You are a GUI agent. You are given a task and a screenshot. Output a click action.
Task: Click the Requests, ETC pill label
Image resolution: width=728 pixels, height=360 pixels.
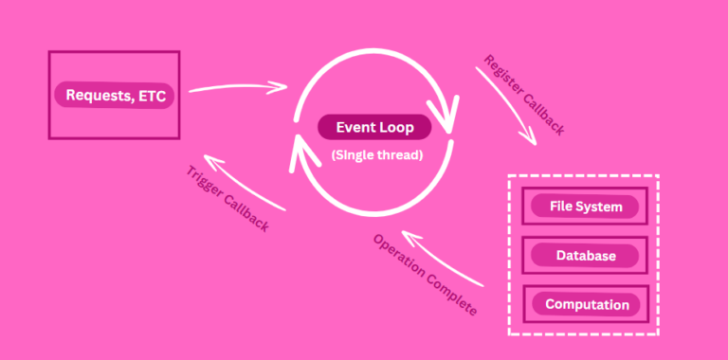pyautogui.click(x=114, y=95)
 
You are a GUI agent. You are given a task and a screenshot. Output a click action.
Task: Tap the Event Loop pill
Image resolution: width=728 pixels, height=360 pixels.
pyautogui.click(x=373, y=127)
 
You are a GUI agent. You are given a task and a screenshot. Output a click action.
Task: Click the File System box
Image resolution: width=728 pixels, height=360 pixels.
pyautogui.click(x=584, y=207)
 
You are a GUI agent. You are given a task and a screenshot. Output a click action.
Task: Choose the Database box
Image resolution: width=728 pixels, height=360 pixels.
pyautogui.click(x=584, y=256)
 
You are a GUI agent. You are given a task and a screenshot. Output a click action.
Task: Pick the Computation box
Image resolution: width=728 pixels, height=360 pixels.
pyautogui.click(x=584, y=305)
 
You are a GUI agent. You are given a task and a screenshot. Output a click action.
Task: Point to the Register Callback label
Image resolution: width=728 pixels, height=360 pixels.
pyautogui.click(x=524, y=96)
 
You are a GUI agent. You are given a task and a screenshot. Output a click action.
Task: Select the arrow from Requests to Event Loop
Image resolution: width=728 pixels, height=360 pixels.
pyautogui.click(x=237, y=88)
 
